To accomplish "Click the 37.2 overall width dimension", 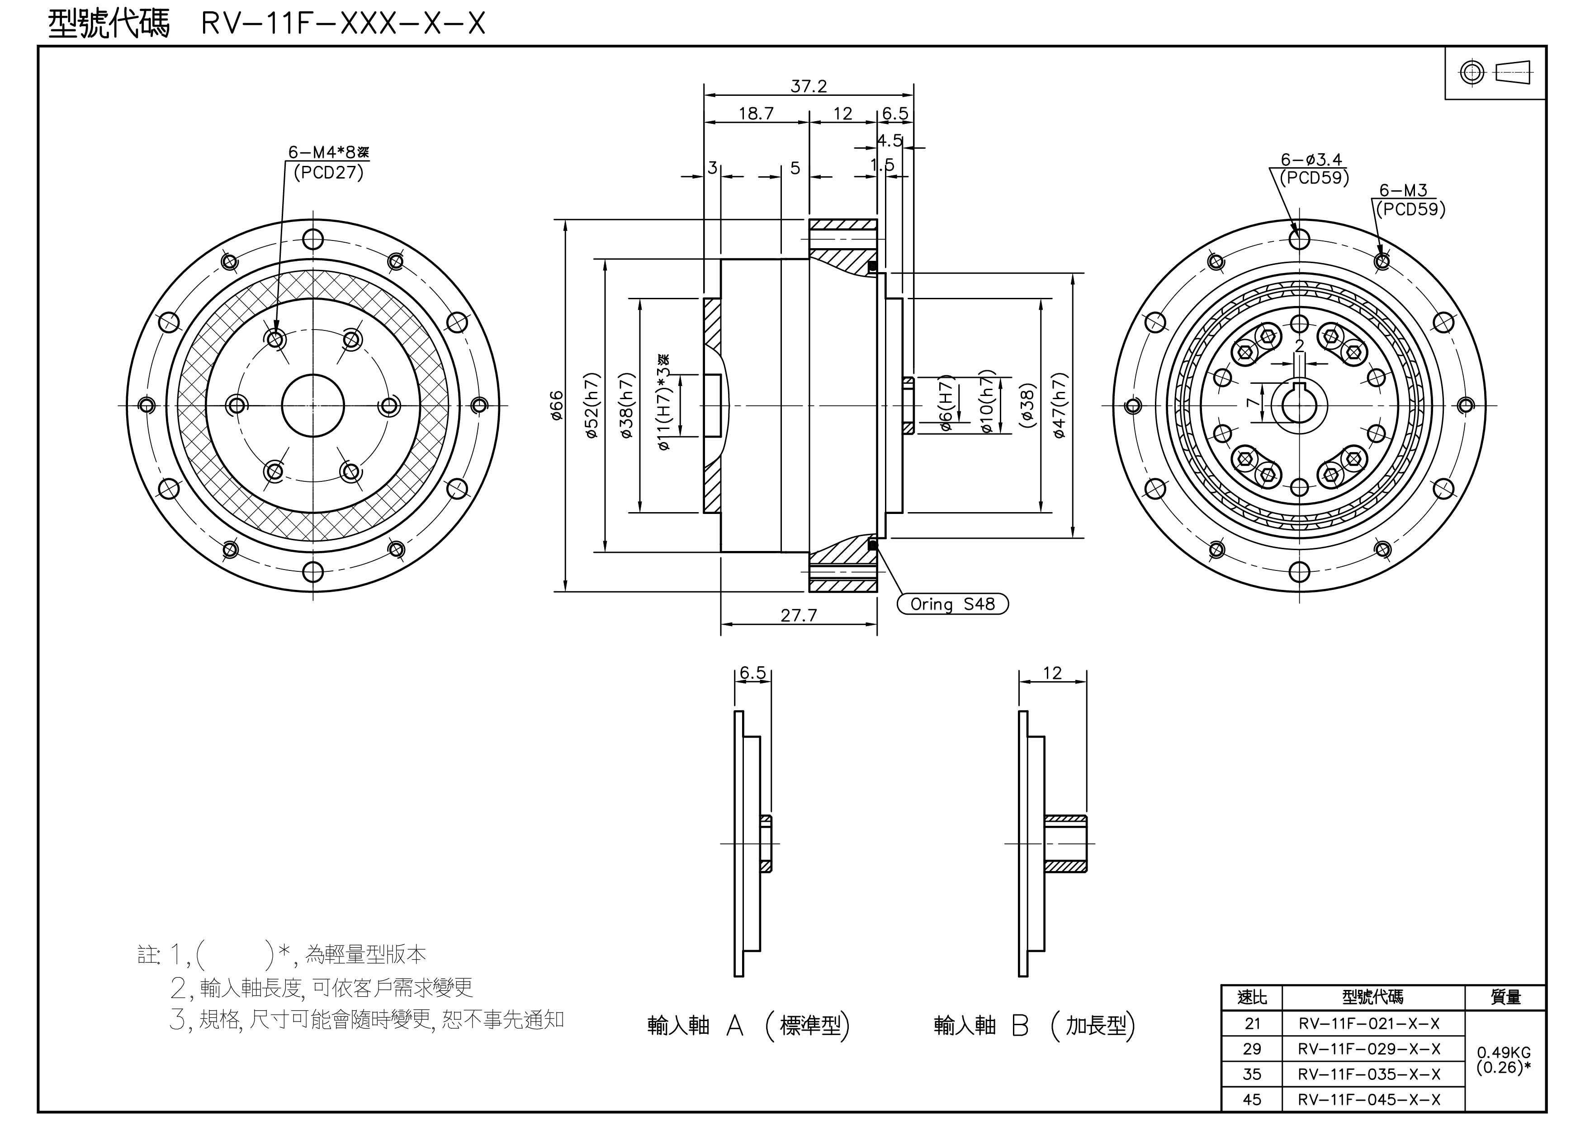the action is (x=809, y=86).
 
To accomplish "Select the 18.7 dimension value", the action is (x=756, y=113).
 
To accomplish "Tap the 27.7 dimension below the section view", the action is (x=799, y=615).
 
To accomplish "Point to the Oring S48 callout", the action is (x=952, y=604).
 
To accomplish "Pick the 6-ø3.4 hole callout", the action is (x=1311, y=160).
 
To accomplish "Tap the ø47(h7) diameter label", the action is (x=1060, y=406).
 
